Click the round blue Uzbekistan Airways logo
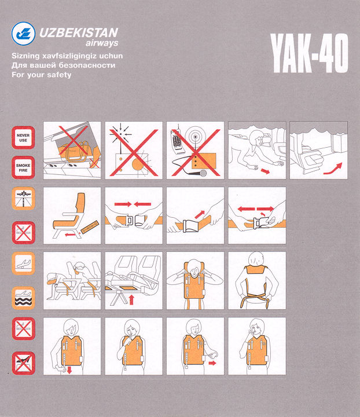[23, 34]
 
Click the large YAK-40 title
[310, 53]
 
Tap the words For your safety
[42, 75]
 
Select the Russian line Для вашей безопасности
[64, 65]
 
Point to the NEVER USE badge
[23, 137]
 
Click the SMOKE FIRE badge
[23, 167]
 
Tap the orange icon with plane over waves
[23, 298]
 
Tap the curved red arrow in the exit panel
[333, 169]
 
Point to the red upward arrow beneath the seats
[131, 299]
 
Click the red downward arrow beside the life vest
[69, 370]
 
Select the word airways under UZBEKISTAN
[102, 43]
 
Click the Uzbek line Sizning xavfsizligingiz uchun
[67, 56]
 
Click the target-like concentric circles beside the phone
[196, 137]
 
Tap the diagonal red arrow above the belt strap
[200, 215]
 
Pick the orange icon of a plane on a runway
[23, 199]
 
